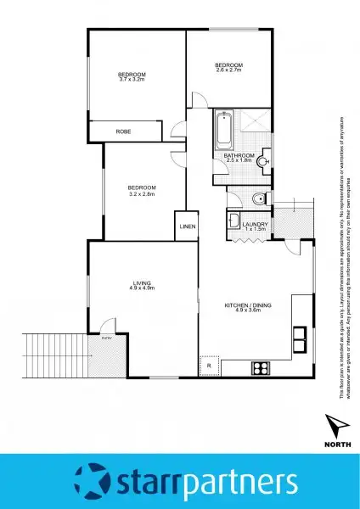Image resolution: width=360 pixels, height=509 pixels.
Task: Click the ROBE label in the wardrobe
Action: pyautogui.click(x=125, y=131)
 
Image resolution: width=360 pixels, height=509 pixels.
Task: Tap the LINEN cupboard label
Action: pyautogui.click(x=187, y=227)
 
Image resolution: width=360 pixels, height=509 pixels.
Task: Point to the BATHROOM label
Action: pyautogui.click(x=239, y=155)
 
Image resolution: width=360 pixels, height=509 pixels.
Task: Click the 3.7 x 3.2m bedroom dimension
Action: pyautogui.click(x=132, y=79)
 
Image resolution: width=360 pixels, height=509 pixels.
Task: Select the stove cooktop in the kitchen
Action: pyautogui.click(x=261, y=367)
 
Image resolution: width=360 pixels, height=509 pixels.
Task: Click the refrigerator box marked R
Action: pyautogui.click(x=209, y=365)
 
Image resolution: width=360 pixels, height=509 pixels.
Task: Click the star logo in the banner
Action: pyautogui.click(x=93, y=480)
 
